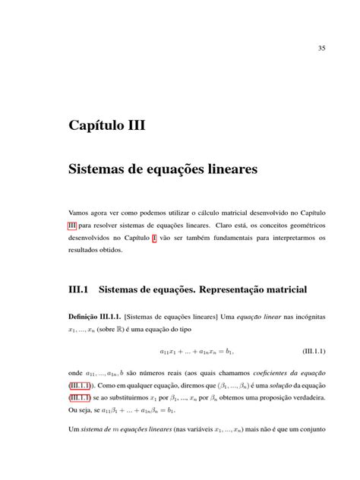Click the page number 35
(x=321, y=49)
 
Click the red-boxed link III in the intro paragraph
(x=72, y=226)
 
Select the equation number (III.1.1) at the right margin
(x=309, y=352)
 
